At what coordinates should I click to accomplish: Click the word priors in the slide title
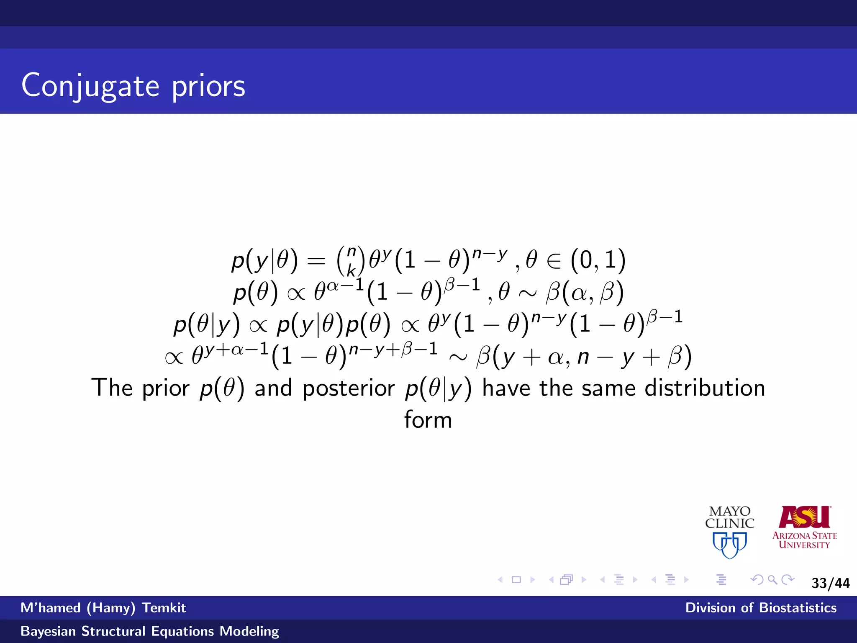click(x=208, y=87)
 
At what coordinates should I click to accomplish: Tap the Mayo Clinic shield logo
click(x=730, y=545)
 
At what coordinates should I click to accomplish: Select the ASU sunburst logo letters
click(x=804, y=517)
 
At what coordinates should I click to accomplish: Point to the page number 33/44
click(x=830, y=583)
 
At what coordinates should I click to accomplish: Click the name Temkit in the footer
click(x=164, y=608)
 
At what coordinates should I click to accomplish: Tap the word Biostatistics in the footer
click(x=798, y=608)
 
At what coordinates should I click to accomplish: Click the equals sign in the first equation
click(x=316, y=261)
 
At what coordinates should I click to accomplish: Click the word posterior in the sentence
click(x=349, y=388)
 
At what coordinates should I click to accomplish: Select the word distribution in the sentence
click(x=705, y=388)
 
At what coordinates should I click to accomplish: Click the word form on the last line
click(x=428, y=419)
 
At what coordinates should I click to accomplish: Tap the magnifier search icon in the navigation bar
click(x=772, y=580)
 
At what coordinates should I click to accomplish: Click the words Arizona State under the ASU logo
click(x=804, y=535)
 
